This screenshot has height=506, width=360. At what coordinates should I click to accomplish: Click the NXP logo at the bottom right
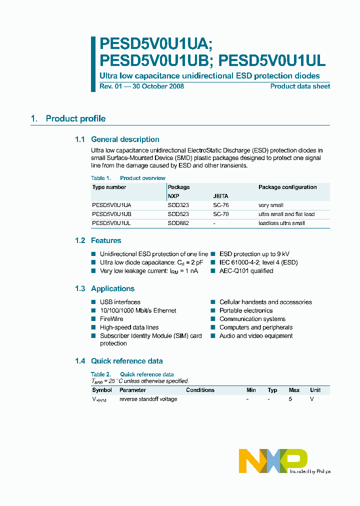272,460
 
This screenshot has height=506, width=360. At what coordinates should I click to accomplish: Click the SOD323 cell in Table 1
178,205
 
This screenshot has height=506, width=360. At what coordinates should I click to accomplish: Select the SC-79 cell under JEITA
221,214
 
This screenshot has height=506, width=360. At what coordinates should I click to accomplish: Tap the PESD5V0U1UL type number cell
111,223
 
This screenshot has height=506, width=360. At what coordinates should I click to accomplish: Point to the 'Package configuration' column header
287,187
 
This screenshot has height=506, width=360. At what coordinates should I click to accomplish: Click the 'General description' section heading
125,139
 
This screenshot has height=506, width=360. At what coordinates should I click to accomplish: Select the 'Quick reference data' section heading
126,361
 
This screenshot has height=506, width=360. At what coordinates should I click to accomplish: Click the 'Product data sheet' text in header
300,86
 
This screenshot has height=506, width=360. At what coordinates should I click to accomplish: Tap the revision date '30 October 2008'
159,86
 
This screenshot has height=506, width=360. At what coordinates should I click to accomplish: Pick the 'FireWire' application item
111,319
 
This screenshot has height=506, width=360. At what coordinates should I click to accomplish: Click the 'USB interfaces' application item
120,302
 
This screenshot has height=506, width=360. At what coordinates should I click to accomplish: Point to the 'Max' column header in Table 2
294,390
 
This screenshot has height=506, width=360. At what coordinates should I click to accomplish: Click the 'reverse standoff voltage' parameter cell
148,399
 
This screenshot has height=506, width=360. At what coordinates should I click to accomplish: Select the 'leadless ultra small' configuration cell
281,223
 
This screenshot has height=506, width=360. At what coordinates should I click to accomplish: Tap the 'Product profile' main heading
75,119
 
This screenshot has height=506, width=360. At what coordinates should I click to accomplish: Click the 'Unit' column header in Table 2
315,390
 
